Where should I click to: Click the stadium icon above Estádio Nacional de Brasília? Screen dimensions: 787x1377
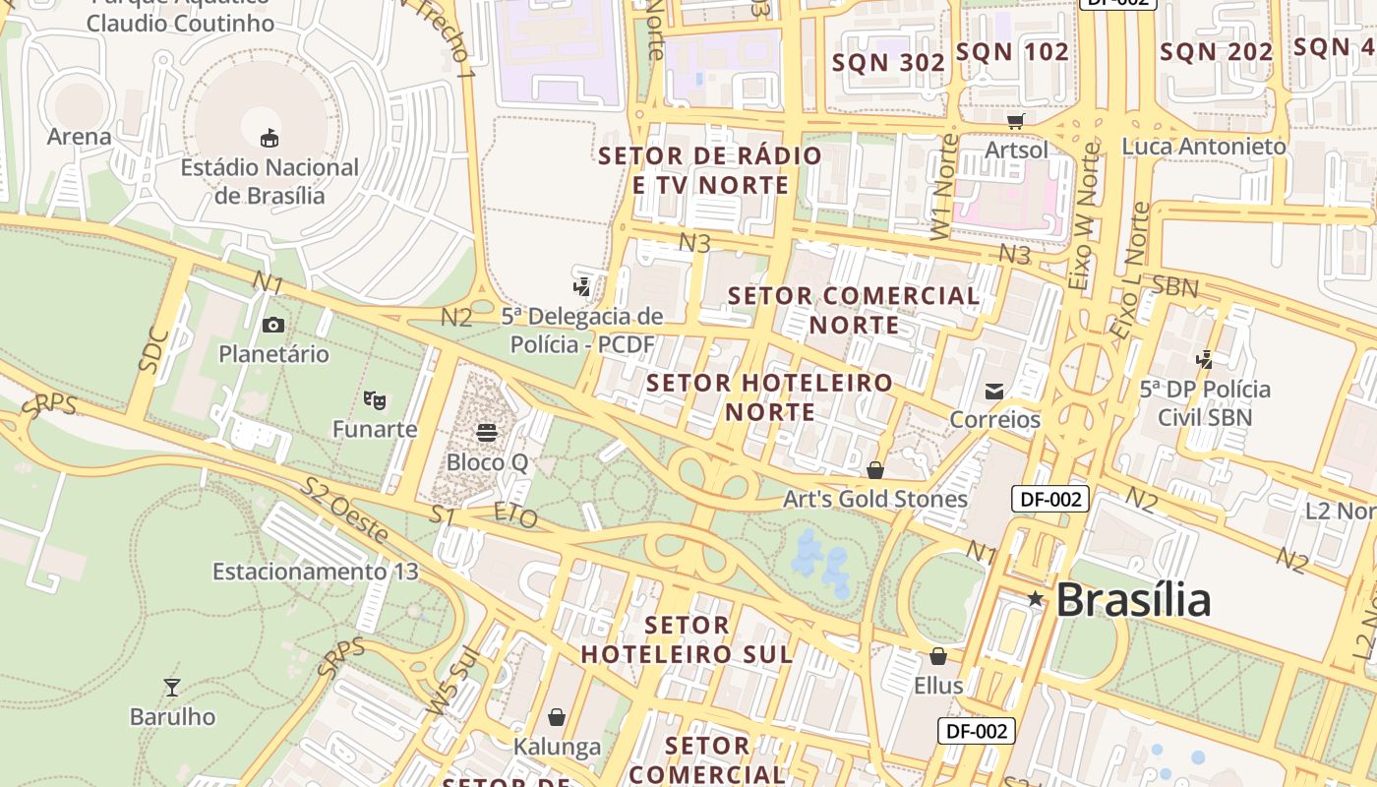point(269,138)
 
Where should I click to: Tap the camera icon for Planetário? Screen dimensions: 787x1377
point(273,325)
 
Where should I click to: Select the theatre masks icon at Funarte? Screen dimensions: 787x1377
point(374,399)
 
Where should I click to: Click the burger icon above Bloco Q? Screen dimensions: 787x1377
point(487,432)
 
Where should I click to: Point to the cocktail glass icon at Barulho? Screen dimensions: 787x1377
point(172,687)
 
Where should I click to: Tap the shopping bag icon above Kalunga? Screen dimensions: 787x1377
point(557,716)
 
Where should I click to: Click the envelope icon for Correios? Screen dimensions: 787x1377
point(994,391)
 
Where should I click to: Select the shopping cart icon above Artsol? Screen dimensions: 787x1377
point(1016,120)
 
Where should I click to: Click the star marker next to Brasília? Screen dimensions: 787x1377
point(1035,599)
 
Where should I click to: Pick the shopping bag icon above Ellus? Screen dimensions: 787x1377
point(938,655)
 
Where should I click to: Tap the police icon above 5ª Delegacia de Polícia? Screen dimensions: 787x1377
point(582,286)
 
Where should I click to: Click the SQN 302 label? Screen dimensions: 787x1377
point(888,63)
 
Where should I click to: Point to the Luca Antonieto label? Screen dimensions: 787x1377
point(1204,147)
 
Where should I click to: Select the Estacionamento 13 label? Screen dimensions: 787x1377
point(315,572)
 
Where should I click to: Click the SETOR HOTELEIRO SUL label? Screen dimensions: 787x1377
point(687,639)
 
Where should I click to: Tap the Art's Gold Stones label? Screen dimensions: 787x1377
point(875,500)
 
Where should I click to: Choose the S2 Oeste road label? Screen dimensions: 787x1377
point(344,510)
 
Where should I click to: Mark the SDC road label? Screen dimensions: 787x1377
point(154,349)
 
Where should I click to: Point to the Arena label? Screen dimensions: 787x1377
point(79,137)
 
